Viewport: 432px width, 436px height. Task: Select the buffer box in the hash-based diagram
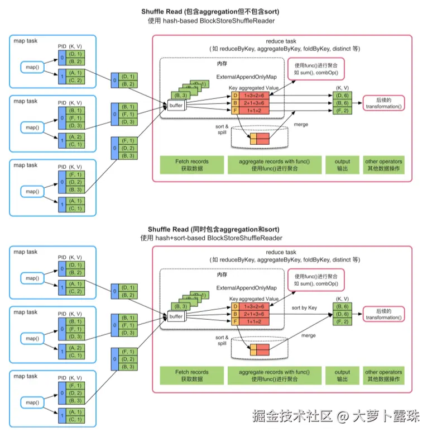(176, 105)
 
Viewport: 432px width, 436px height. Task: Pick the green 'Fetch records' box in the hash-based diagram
(191, 165)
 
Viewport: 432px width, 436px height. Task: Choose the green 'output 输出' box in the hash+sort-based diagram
(342, 376)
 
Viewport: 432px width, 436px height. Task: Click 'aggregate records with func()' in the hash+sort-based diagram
(274, 376)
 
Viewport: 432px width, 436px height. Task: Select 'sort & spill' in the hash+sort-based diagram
(222, 340)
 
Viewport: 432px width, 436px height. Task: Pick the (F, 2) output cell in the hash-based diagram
(342, 111)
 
